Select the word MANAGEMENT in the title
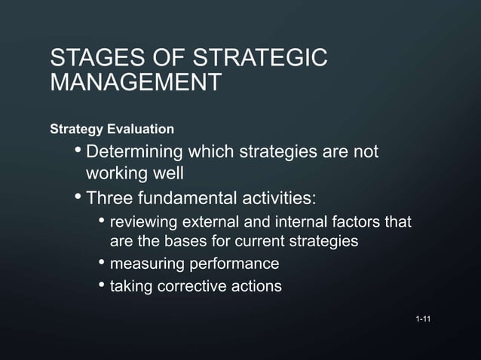coord(135,82)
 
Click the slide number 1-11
coord(423,322)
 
